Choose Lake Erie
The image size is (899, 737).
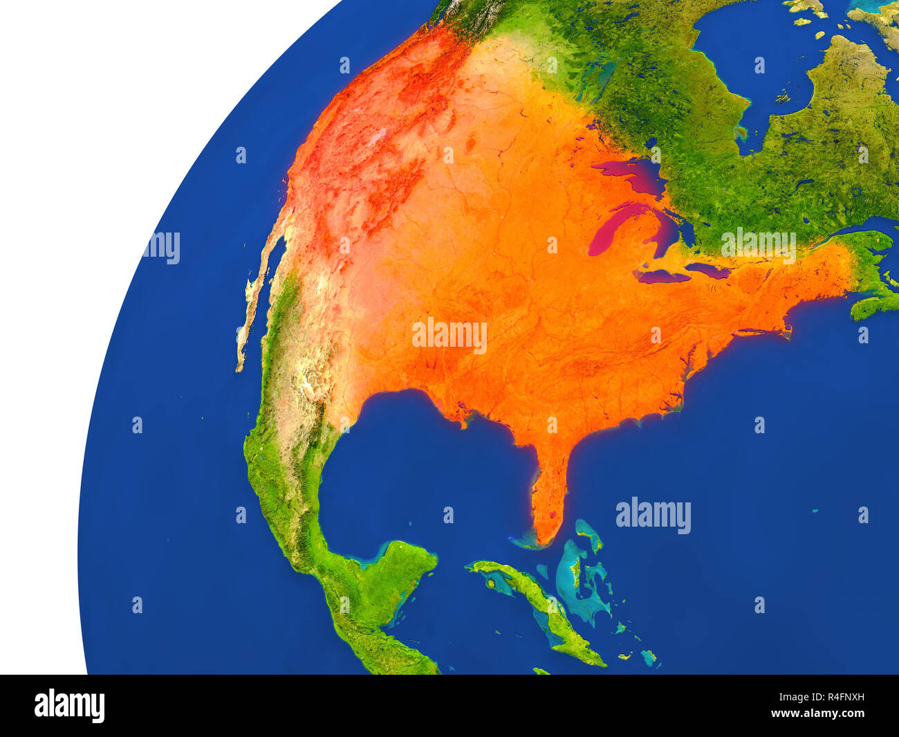pyautogui.click(x=664, y=276)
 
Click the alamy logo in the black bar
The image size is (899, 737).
pyautogui.click(x=69, y=705)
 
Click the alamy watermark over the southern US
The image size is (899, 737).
pyautogui.click(x=449, y=336)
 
